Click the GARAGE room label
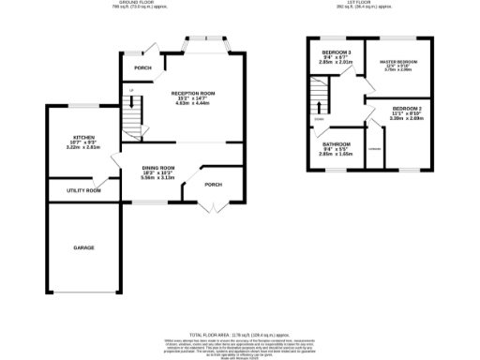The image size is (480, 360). point(83,248)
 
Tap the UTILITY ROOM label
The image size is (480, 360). point(83,190)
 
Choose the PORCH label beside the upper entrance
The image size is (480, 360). point(142,68)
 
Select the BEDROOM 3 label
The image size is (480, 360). point(337,51)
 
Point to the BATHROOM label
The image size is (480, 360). point(336,144)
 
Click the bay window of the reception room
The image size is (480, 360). point(206,43)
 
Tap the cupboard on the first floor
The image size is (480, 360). point(375,150)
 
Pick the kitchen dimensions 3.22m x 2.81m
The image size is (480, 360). point(83,147)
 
